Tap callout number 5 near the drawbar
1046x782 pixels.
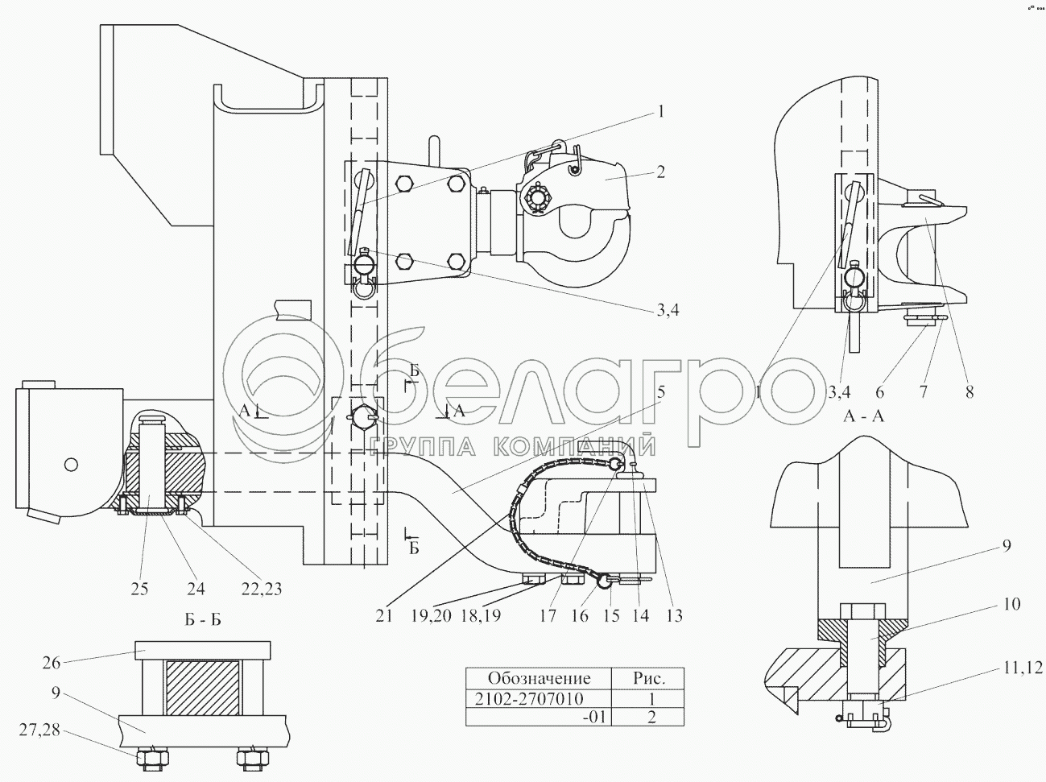660,392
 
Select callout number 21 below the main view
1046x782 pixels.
383,615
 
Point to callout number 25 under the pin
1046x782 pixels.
140,590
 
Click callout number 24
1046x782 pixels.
196,590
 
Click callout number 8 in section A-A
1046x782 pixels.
970,393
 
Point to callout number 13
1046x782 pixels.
674,615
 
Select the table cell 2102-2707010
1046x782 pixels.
538,697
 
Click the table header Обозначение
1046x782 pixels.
539,678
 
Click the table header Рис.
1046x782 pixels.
647,678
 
